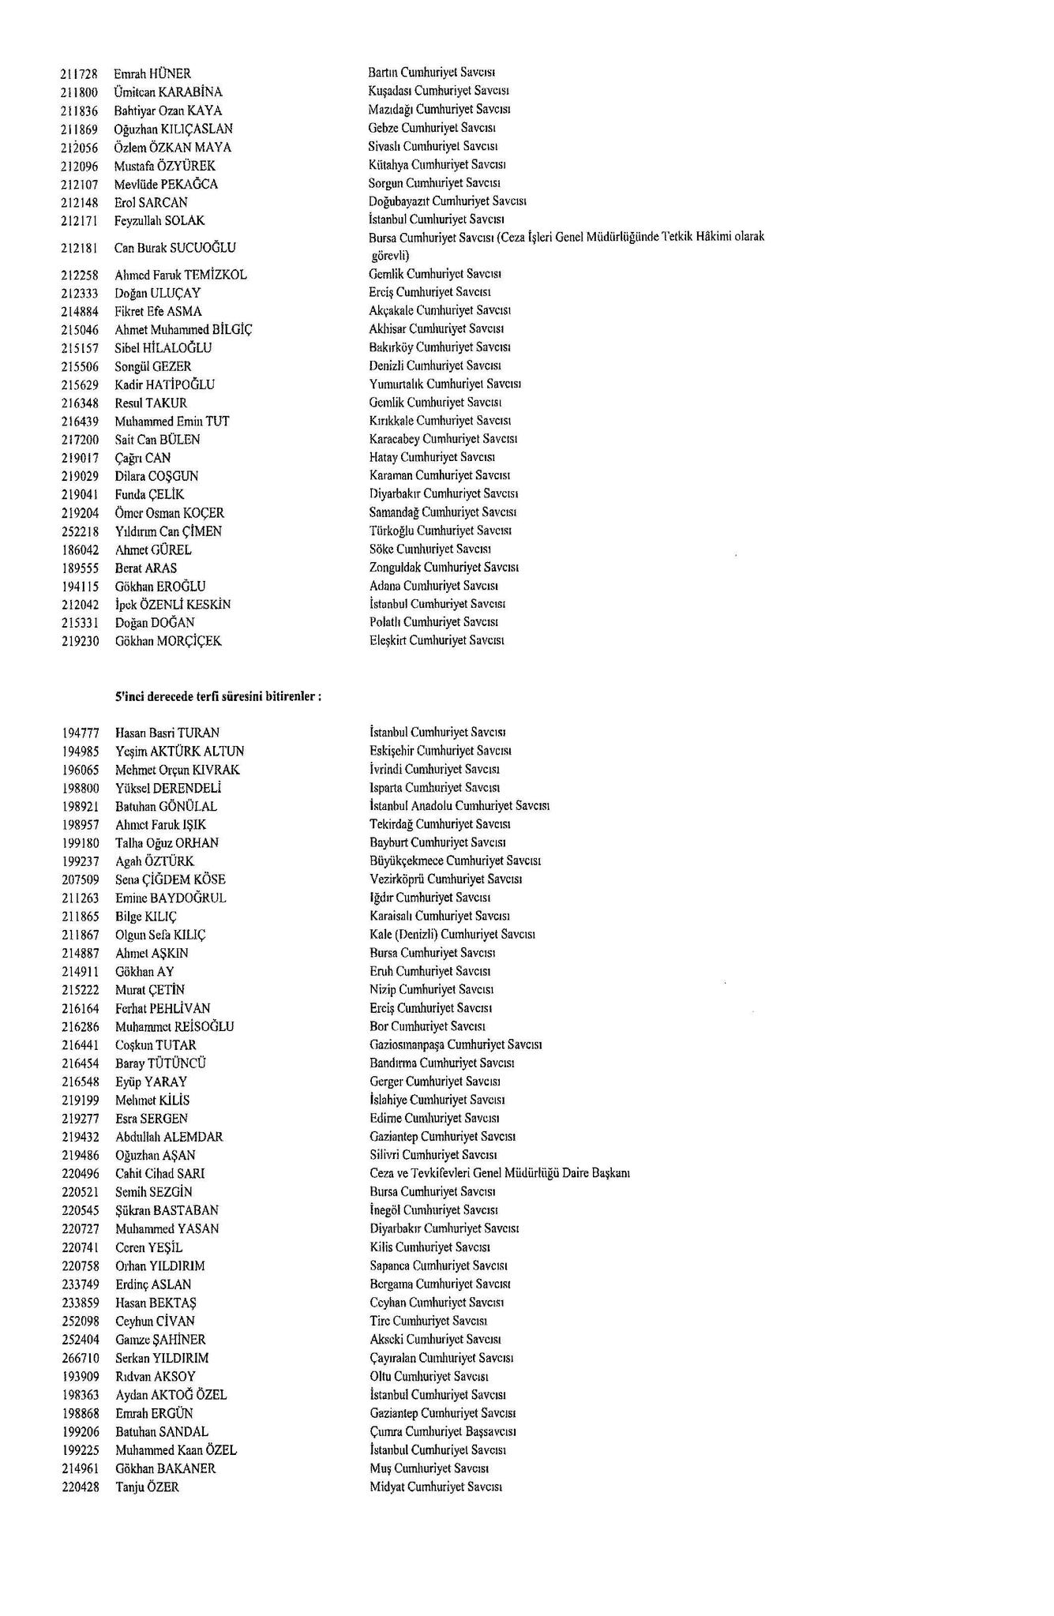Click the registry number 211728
(79, 74)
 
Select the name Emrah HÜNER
(152, 74)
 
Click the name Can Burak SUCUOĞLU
(175, 248)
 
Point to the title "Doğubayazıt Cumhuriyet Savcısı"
(448, 201)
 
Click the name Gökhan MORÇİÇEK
(168, 641)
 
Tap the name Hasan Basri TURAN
(167, 733)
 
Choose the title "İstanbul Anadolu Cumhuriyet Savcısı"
(459, 806)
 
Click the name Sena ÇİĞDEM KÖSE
(171, 879)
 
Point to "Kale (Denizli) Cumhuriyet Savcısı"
(452, 935)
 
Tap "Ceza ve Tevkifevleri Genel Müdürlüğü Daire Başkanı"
(499, 1173)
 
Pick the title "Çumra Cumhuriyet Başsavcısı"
(444, 1431)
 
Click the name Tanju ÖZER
(148, 1487)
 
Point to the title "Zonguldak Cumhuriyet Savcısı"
(444, 568)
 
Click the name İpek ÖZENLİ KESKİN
(173, 605)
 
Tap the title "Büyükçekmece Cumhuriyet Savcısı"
(455, 860)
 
